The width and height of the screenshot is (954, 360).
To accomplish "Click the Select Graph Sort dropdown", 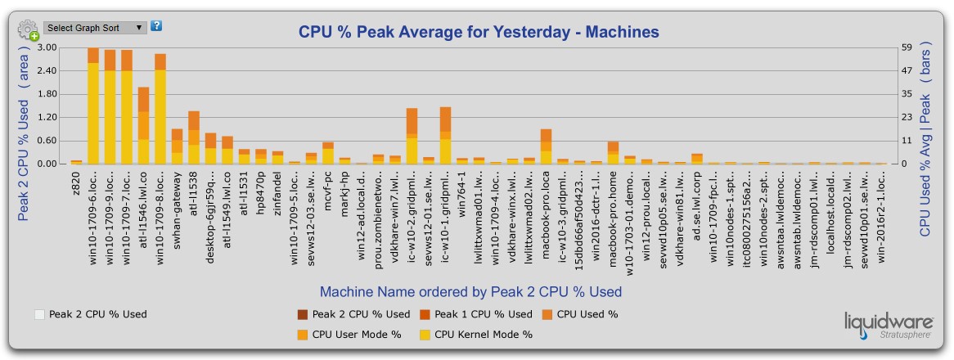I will [95, 28].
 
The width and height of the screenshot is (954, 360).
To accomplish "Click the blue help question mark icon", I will [156, 26].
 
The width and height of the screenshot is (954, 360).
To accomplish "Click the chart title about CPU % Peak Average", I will [479, 33].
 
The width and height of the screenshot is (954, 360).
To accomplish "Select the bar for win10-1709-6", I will [93, 106].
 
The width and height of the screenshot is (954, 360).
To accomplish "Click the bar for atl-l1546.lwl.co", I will [143, 126].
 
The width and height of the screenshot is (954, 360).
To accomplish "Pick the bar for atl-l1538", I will [194, 138].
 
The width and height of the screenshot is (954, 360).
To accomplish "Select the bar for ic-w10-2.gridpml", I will [412, 137].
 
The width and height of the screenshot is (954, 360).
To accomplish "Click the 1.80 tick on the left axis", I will [47, 94].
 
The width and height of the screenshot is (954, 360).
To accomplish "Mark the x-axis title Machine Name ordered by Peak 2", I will [470, 292].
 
